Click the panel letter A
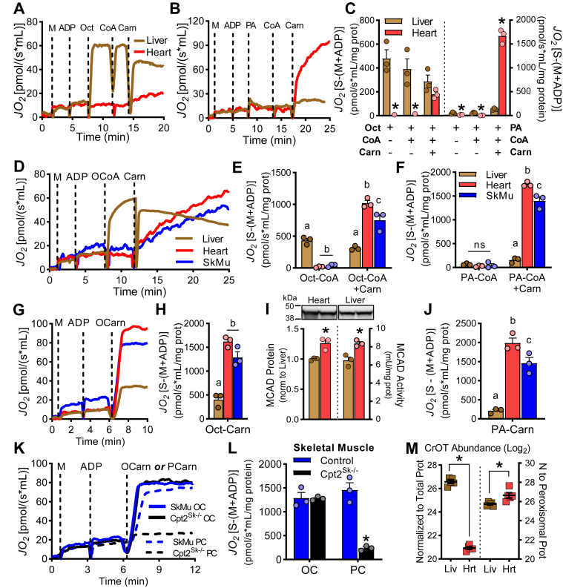point(11,10)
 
